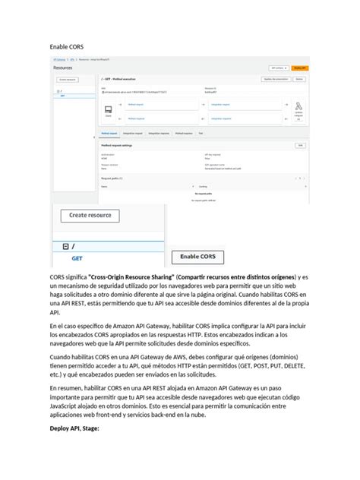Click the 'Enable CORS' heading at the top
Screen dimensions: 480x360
[67, 47]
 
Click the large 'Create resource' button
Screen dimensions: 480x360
[90, 216]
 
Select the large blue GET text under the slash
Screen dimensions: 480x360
[77, 258]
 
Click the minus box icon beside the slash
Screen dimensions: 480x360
[66, 246]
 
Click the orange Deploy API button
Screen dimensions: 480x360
[299, 68]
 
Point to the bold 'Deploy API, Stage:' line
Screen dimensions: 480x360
[81, 428]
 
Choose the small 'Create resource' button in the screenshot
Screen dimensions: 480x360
[68, 79]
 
